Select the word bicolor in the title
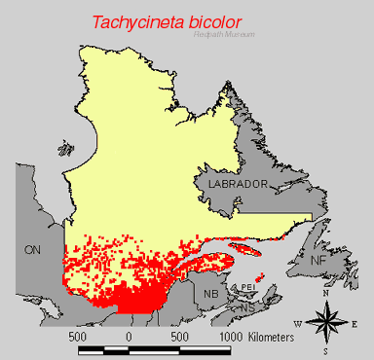click(x=230, y=21)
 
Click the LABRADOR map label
click(x=230, y=183)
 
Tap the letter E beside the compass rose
click(x=355, y=323)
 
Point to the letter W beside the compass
click(x=297, y=323)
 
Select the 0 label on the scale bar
click(x=129, y=336)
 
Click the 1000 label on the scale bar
click(x=230, y=336)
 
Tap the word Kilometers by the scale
click(x=280, y=336)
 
